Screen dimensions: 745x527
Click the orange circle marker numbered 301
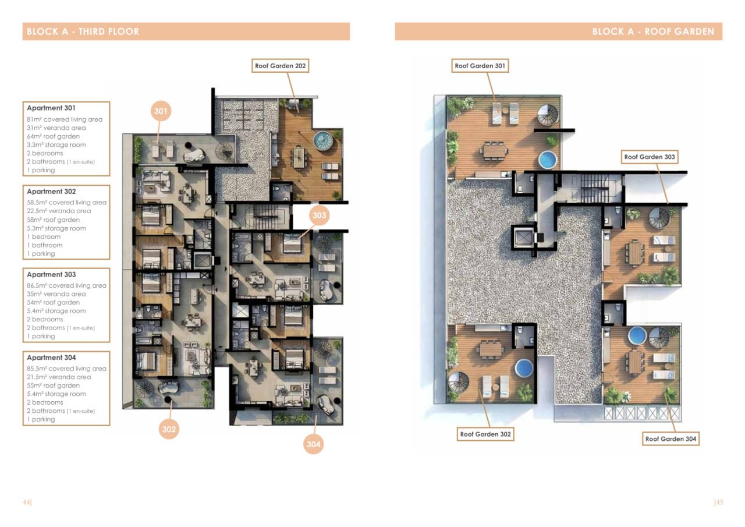(161, 111)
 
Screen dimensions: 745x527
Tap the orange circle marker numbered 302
(169, 429)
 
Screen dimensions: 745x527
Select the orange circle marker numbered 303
(320, 215)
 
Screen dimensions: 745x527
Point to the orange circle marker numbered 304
(313, 444)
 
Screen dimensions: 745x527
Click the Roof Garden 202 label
(280, 66)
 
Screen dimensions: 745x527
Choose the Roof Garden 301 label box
(480, 66)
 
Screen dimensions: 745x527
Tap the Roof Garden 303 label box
(650, 157)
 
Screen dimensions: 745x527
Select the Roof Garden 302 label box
(485, 434)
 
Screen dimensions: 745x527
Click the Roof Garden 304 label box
(670, 439)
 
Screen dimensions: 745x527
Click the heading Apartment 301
(51, 108)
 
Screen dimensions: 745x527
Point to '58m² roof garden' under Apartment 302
(53, 220)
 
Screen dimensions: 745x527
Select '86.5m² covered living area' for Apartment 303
(66, 285)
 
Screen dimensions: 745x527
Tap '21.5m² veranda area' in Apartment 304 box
(59, 377)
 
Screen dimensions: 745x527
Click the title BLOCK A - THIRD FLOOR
(83, 31)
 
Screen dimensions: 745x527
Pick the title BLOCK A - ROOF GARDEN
(653, 31)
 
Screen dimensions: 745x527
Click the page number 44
(27, 502)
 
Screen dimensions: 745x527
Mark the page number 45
(719, 502)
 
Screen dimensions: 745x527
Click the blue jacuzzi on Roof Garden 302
(524, 368)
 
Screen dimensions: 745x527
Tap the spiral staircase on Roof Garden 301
(548, 115)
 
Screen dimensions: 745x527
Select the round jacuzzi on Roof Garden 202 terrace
(323, 140)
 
